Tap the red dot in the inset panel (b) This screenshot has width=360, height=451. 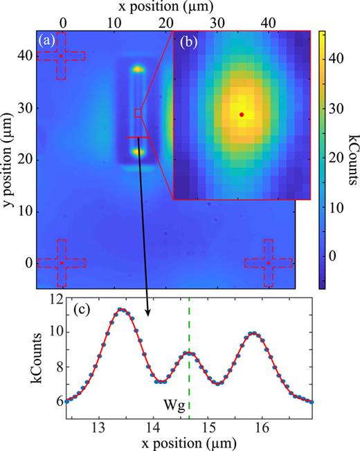tap(242, 114)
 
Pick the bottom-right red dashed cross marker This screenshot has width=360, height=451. tap(269, 263)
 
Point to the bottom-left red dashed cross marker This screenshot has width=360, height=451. tap(61, 263)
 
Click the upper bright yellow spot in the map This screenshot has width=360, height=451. tap(138, 69)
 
